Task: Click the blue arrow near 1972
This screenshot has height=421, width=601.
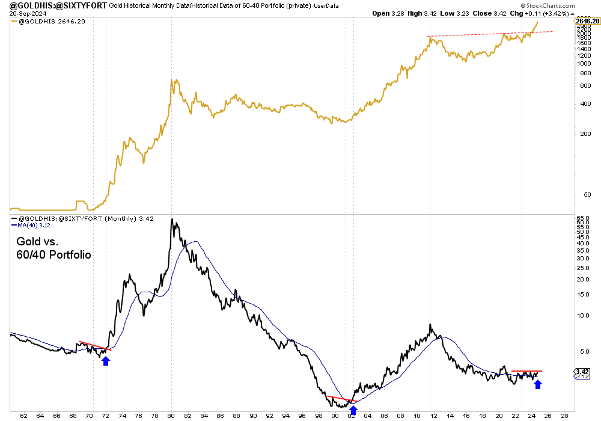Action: coord(106,360)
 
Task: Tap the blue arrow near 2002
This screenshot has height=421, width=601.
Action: coord(353,410)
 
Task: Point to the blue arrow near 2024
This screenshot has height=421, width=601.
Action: coord(538,383)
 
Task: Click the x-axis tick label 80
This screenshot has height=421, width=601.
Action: coord(171,415)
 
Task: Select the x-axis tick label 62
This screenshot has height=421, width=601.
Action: coord(23,415)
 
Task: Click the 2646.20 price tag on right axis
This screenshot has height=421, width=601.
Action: coord(587,21)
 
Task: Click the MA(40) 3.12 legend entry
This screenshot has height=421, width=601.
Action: coord(31,226)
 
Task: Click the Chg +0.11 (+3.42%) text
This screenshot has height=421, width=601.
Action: coord(551,13)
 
